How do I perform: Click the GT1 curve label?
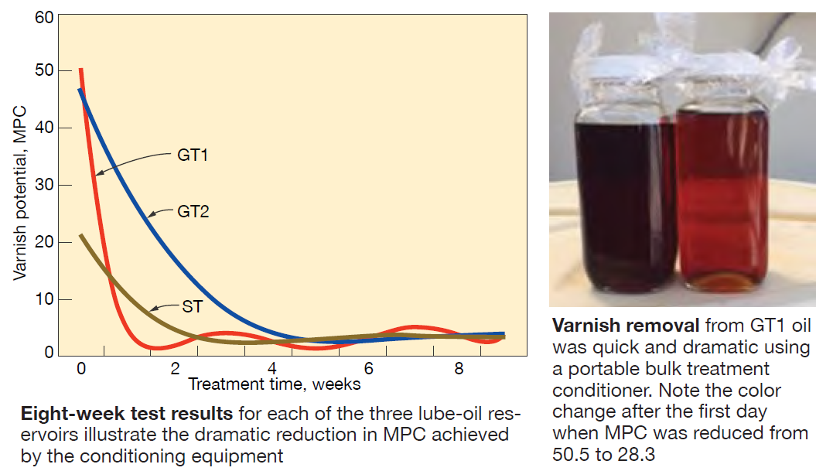click(x=193, y=155)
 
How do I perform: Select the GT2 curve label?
click(x=193, y=211)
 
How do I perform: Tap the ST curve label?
click(x=192, y=306)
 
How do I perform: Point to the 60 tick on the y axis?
click(x=44, y=18)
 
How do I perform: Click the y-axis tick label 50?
click(x=44, y=70)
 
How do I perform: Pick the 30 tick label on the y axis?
click(x=44, y=185)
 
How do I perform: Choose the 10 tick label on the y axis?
click(x=44, y=299)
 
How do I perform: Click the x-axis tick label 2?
click(x=176, y=368)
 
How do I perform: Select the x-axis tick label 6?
click(x=368, y=368)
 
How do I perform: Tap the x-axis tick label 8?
click(x=459, y=368)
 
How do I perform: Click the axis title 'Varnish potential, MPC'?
click(x=20, y=193)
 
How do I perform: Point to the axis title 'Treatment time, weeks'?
click(x=275, y=384)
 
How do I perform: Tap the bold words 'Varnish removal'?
click(x=626, y=326)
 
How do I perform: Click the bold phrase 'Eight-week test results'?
click(x=126, y=414)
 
